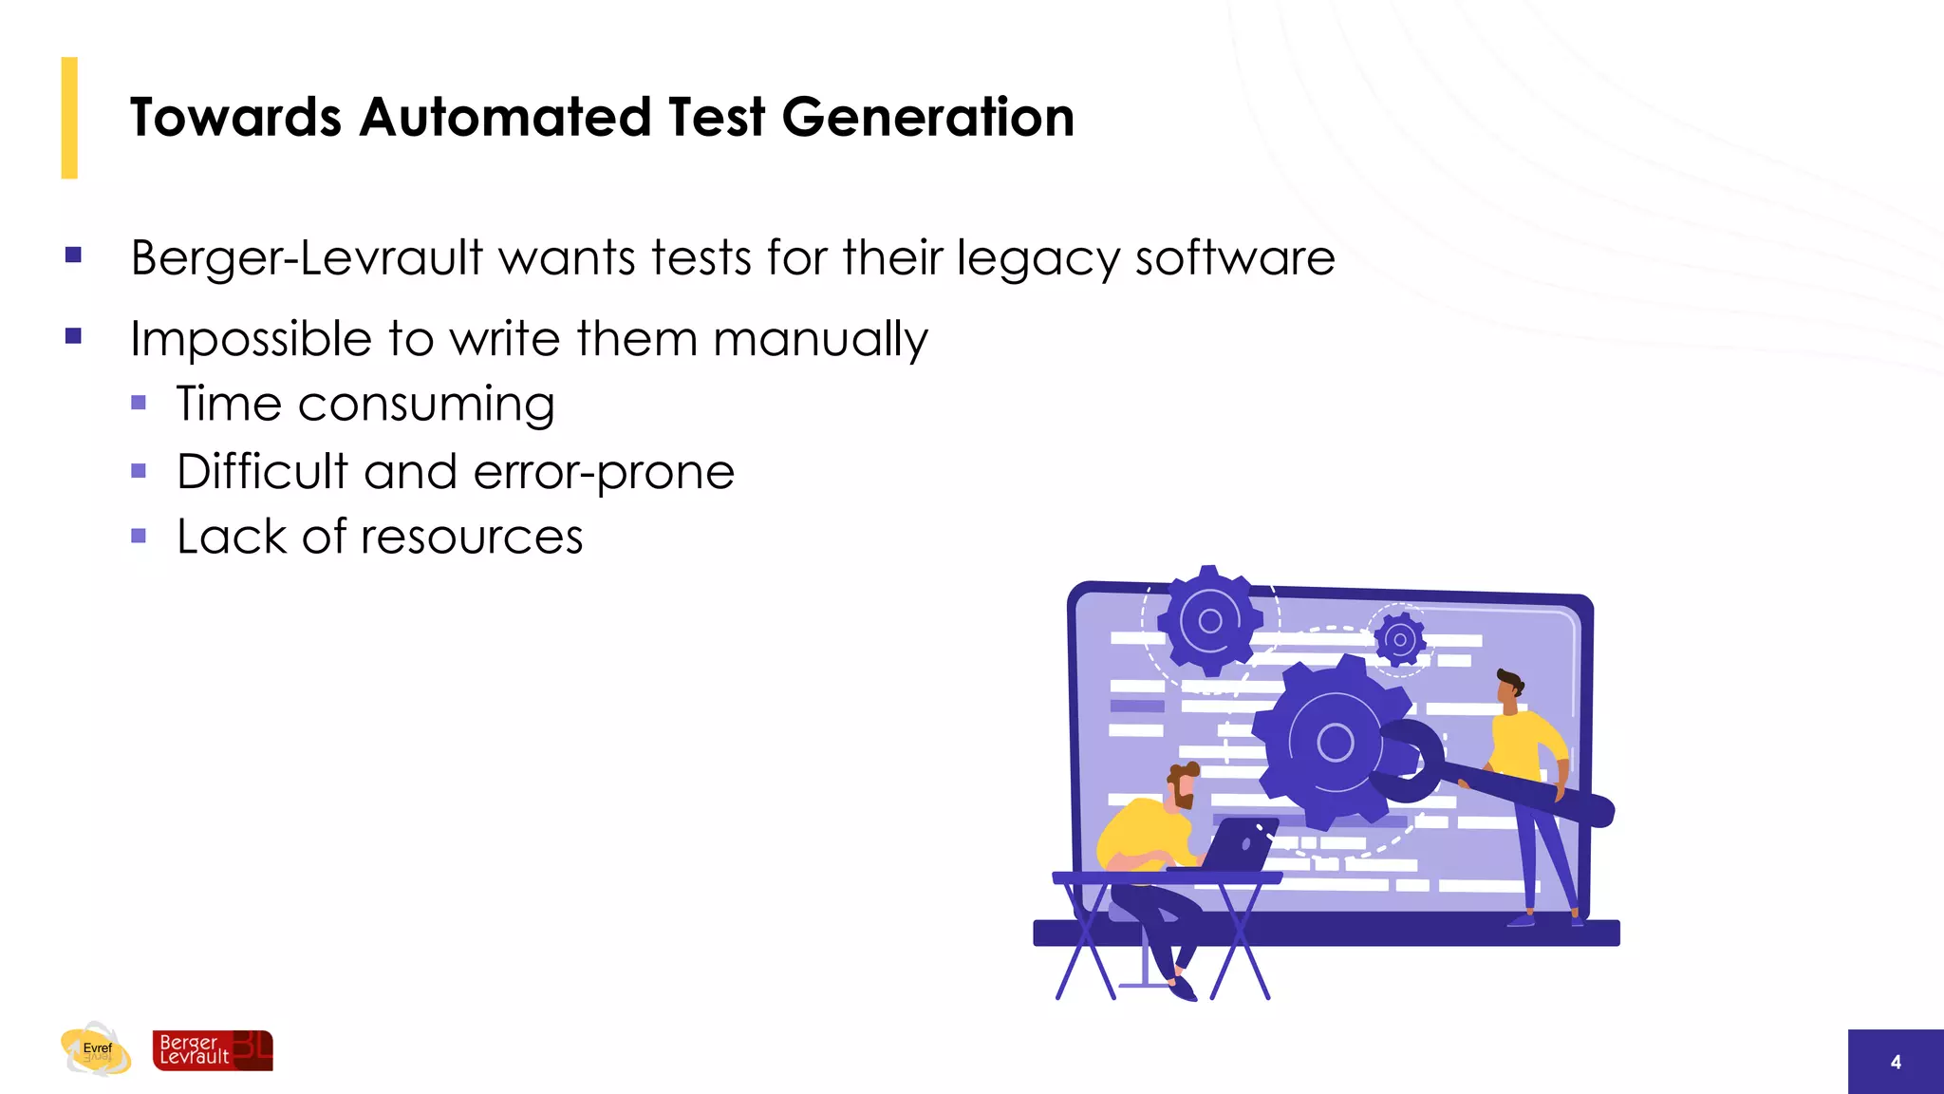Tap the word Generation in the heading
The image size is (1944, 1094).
pyautogui.click(x=927, y=118)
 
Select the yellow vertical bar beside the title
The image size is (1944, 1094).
pyautogui.click(x=69, y=118)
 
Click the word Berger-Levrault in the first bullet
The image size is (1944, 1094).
pyautogui.click(x=307, y=258)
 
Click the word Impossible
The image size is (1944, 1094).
pyautogui.click(x=251, y=339)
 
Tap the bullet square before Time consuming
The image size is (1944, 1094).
pyautogui.click(x=139, y=403)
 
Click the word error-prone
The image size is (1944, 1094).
pyautogui.click(x=604, y=473)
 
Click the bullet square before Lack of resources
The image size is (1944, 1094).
pyautogui.click(x=139, y=536)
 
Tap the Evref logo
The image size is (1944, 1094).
pyautogui.click(x=96, y=1049)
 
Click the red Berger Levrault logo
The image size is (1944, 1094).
pyautogui.click(x=213, y=1050)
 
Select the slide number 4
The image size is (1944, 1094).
pyautogui.click(x=1896, y=1062)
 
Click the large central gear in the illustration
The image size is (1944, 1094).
pyautogui.click(x=1334, y=741)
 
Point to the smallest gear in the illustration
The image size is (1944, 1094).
pyautogui.click(x=1399, y=639)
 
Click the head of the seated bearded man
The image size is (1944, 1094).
pyautogui.click(x=1182, y=785)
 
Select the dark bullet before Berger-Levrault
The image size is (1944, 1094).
pyautogui.click(x=73, y=255)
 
